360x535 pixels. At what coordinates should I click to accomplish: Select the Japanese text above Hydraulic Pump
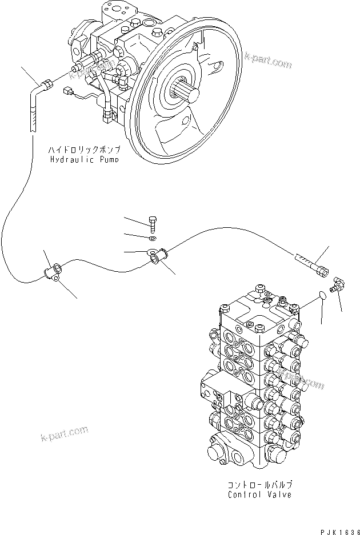coord(85,150)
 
